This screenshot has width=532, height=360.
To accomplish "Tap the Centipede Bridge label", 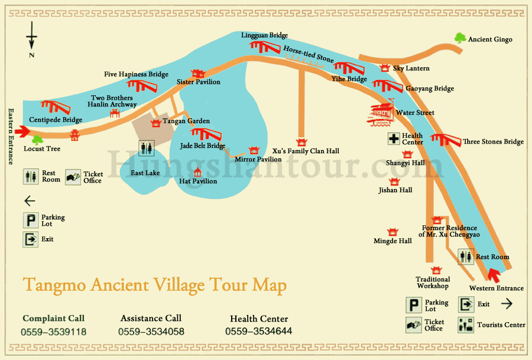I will (56, 120).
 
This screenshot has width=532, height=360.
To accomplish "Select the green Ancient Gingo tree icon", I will (460, 38).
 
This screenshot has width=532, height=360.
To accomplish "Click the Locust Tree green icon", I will (38, 140).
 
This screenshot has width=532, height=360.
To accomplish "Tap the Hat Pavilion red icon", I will (197, 171).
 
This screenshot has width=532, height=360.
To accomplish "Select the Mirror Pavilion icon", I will (255, 150).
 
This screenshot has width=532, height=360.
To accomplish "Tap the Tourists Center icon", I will (466, 324).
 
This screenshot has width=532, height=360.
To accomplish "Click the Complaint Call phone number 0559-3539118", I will (53, 332).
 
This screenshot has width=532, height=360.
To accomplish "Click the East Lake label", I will (145, 173).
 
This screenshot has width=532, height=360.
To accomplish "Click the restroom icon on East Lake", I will (146, 148).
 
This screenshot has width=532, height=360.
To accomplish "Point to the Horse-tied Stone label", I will (308, 54).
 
